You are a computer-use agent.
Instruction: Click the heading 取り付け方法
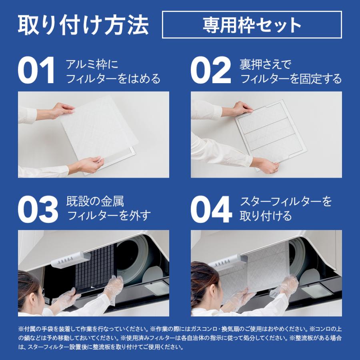83,25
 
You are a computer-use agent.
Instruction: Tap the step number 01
36,71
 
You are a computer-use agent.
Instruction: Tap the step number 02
210,71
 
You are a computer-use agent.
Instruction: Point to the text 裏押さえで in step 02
265,64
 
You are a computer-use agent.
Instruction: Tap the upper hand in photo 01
62,110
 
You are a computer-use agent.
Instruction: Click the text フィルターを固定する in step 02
291,78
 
